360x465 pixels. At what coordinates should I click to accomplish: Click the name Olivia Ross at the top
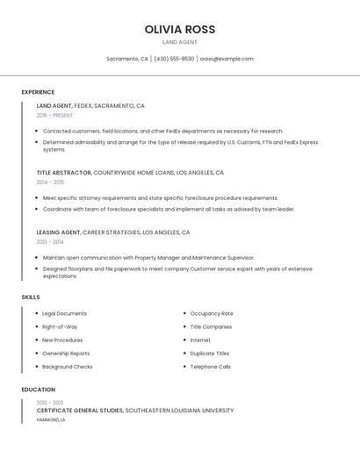[180, 29]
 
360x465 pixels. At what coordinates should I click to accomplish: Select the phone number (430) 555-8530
[174, 59]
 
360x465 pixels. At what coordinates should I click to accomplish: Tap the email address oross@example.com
[227, 59]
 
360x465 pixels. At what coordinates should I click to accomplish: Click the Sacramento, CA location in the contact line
[127, 59]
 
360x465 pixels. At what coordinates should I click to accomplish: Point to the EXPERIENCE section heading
[38, 92]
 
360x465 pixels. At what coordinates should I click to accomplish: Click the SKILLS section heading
[31, 297]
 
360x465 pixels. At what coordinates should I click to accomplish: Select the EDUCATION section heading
[39, 390]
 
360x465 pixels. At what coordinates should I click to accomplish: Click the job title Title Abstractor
[63, 173]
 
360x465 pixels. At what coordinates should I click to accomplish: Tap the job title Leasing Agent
[59, 232]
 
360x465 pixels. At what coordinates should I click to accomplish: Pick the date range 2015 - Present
[54, 115]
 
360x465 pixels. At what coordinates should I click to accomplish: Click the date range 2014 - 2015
[50, 182]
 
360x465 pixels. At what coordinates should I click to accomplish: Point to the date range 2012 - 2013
[50, 402]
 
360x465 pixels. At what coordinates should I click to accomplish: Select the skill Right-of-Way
[60, 326]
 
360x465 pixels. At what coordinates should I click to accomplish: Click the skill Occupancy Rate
[212, 313]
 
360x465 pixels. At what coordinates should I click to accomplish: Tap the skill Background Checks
[67, 367]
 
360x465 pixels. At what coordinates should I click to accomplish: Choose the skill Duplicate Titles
[210, 354]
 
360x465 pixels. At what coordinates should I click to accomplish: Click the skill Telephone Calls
[211, 367]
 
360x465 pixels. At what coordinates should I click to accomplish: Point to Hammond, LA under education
[51, 419]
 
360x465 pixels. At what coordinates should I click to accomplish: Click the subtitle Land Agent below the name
[180, 42]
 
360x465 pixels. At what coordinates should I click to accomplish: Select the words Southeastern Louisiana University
[180, 410]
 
